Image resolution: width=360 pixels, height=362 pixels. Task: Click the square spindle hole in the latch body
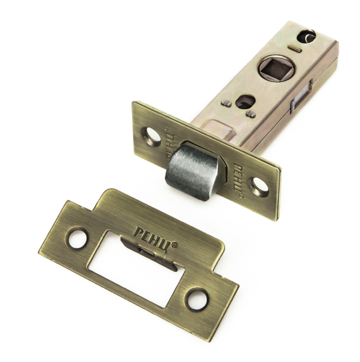(x=273, y=68)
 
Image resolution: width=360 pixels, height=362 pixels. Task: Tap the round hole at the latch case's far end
(x=306, y=36)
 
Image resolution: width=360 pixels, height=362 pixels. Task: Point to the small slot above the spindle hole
(x=294, y=48)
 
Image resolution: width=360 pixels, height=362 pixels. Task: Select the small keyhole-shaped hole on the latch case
(x=247, y=101)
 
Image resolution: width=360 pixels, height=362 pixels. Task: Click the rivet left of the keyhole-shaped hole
(x=226, y=103)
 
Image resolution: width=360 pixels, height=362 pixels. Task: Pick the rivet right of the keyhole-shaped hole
(x=251, y=114)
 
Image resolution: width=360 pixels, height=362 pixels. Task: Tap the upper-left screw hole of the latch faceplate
(x=151, y=136)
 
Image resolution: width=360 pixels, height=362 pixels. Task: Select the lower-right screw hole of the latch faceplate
(x=258, y=187)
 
